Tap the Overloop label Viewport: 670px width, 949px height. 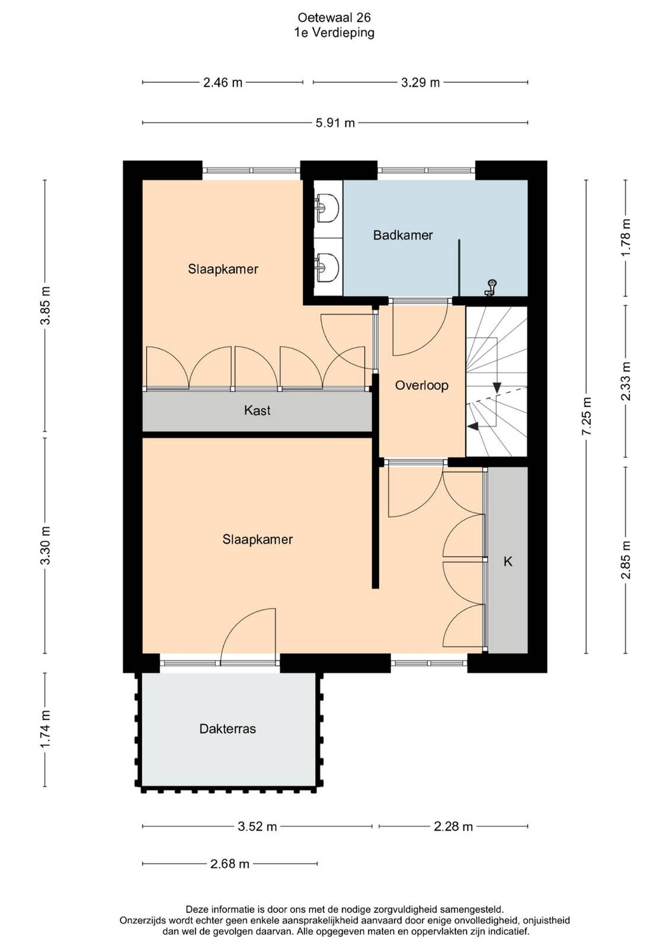coord(422,386)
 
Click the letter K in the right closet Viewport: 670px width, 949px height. coord(508,561)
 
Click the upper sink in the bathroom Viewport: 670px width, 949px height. coord(327,208)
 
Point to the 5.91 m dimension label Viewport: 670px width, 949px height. coord(335,123)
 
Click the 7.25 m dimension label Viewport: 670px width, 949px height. coord(587,416)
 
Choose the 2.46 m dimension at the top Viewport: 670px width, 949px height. coord(223,83)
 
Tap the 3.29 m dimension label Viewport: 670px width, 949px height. coord(420,83)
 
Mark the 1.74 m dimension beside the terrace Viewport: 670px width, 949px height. coord(45,728)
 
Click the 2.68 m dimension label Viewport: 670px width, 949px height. coord(230,864)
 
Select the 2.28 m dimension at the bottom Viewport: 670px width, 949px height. coord(453,827)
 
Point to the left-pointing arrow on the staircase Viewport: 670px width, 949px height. coord(473,426)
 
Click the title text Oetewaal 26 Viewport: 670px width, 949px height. coord(334,17)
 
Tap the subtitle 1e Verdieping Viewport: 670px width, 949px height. coord(334,32)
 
